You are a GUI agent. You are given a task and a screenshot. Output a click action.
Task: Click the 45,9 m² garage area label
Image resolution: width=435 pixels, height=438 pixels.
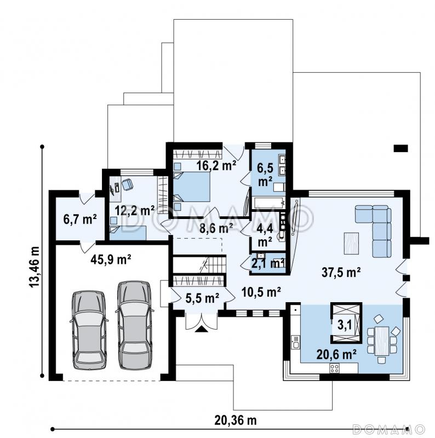click(x=111, y=260)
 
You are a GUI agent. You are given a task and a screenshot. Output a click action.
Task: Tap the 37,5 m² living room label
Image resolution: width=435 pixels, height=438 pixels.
click(x=341, y=272)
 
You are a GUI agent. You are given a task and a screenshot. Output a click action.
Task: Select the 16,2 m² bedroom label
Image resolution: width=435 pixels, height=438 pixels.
click(x=216, y=165)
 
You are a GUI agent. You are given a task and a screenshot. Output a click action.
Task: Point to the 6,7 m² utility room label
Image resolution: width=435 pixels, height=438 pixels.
click(x=80, y=220)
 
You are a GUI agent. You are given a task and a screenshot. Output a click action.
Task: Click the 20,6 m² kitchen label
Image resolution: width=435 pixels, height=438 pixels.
click(x=336, y=354)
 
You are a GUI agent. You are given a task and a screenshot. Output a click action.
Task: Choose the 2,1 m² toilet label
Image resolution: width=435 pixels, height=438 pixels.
click(x=268, y=263)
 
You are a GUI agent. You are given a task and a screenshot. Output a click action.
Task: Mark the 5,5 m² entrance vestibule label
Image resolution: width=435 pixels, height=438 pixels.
click(x=202, y=298)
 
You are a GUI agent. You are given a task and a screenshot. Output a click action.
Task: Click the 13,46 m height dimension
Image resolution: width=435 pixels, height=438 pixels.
click(x=34, y=267)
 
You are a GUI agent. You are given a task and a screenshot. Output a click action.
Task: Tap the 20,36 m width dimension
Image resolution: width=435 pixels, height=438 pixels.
click(x=236, y=420)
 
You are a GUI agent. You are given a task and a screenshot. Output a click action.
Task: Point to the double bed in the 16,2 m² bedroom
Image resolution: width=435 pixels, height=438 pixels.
click(x=192, y=187)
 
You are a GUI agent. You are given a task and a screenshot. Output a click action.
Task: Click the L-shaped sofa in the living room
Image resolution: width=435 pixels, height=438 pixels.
click(x=377, y=226)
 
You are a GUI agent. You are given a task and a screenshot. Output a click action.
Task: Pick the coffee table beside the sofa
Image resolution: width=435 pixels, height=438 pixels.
click(x=351, y=243)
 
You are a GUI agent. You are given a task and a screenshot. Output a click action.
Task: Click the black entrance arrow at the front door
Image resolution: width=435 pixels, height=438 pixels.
click(x=201, y=330)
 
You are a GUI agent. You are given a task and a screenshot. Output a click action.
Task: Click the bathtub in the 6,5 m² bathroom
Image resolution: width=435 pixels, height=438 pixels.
click(x=269, y=203)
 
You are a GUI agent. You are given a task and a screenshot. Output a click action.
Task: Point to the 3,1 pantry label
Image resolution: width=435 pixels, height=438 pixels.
click(x=345, y=325)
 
